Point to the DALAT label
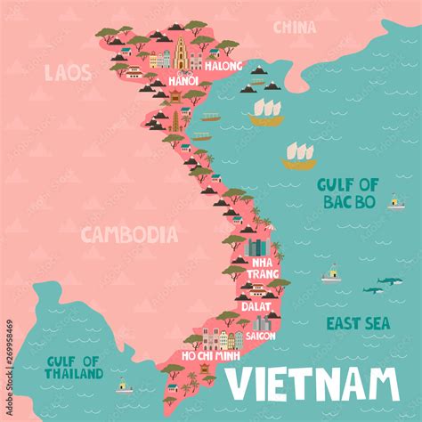click(x=256, y=304)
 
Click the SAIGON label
click(x=261, y=337)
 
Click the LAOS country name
click(x=67, y=72)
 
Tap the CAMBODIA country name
click(x=129, y=234)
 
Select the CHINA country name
click(x=294, y=28)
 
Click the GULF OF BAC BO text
click(x=349, y=192)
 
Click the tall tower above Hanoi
click(x=182, y=53)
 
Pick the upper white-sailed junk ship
click(x=266, y=111)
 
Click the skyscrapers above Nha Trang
click(x=256, y=247)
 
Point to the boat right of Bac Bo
click(x=396, y=202)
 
